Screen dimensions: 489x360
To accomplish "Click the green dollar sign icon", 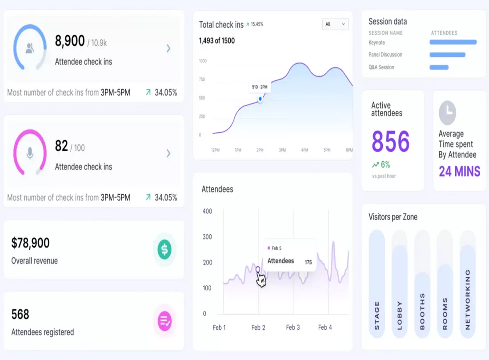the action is tap(164, 249).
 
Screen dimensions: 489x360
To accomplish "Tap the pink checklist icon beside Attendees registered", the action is tap(164, 321).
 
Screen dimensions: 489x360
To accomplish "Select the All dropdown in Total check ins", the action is tap(335, 24).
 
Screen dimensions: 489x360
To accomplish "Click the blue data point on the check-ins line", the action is tap(260, 99).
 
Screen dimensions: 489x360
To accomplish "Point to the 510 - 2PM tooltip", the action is tap(260, 87).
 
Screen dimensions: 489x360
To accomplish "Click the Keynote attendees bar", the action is tap(453, 42).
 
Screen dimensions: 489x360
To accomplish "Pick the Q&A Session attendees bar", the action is tap(439, 67).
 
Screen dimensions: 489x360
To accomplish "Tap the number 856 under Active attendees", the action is tap(390, 141).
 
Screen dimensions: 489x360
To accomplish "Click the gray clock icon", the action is tap(448, 112).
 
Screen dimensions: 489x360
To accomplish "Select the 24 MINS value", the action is tap(459, 172).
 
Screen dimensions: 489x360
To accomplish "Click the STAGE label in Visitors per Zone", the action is tap(377, 316).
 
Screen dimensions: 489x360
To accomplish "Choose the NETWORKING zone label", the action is tap(468, 300).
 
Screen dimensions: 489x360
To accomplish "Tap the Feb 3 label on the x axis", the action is tap(293, 327).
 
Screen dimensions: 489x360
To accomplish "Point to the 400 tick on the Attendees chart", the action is tap(207, 211).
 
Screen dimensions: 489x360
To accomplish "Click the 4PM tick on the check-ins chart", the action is tap(305, 150).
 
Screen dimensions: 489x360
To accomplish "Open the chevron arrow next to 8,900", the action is tap(168, 48).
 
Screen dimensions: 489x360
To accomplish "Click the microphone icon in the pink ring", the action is tap(30, 153).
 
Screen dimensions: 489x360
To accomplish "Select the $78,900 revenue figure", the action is tap(30, 243).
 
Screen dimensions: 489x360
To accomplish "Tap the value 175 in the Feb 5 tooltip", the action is tap(308, 262).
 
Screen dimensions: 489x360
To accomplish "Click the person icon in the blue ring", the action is tap(30, 48).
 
